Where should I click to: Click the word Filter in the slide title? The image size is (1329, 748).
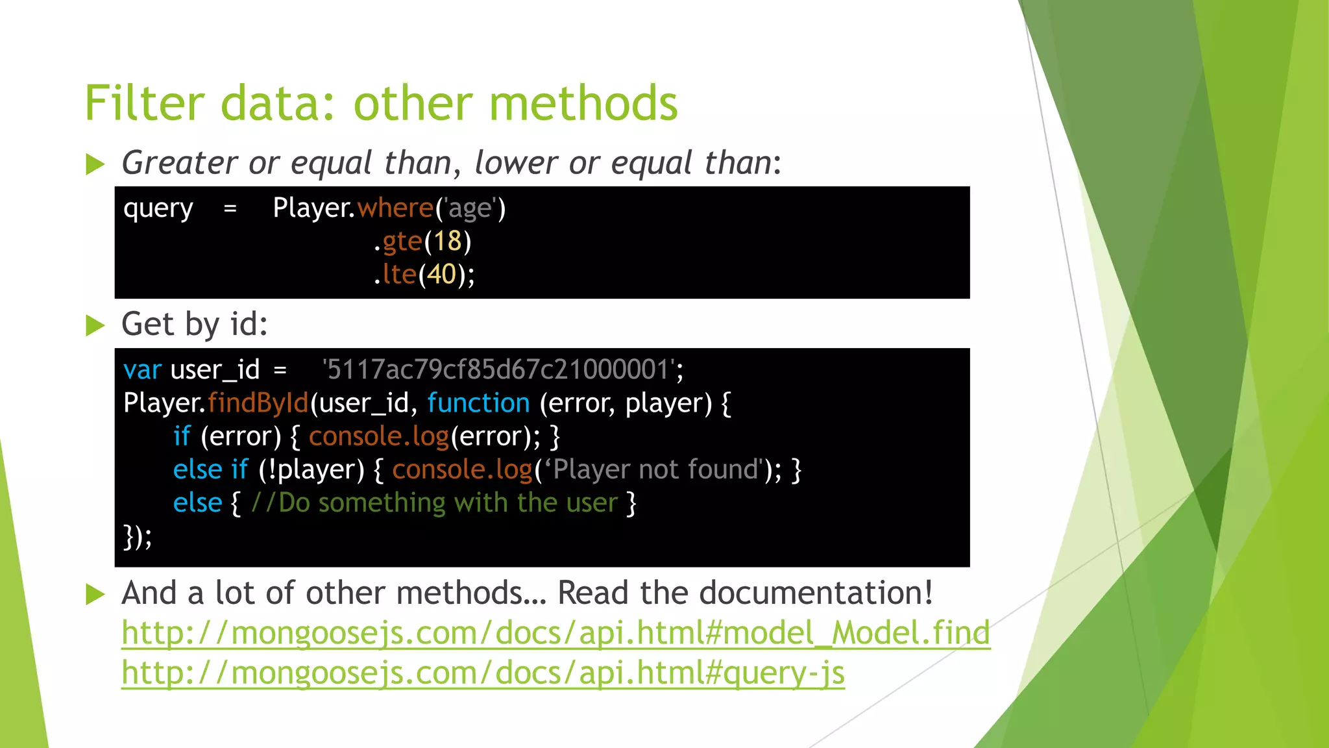[145, 103]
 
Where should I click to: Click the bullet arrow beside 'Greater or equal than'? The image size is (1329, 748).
[95, 164]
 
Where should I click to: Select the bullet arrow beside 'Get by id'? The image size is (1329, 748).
[95, 325]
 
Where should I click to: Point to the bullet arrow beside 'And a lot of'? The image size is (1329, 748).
[95, 594]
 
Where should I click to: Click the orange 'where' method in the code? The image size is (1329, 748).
[395, 208]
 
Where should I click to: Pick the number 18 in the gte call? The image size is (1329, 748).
[448, 242]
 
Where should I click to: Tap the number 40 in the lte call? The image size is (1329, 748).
[441, 275]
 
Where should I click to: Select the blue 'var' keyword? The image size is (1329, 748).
[142, 370]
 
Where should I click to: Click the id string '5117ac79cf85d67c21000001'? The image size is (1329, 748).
[498, 370]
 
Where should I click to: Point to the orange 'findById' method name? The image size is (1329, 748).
[258, 403]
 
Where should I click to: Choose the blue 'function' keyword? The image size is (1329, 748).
[478, 403]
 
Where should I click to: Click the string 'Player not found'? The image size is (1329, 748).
[655, 469]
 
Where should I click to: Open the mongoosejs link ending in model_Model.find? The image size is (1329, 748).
[555, 633]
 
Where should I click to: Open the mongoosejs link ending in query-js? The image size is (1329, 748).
[483, 673]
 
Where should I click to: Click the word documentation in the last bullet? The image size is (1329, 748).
[809, 593]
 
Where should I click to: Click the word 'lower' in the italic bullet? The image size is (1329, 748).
[516, 163]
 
